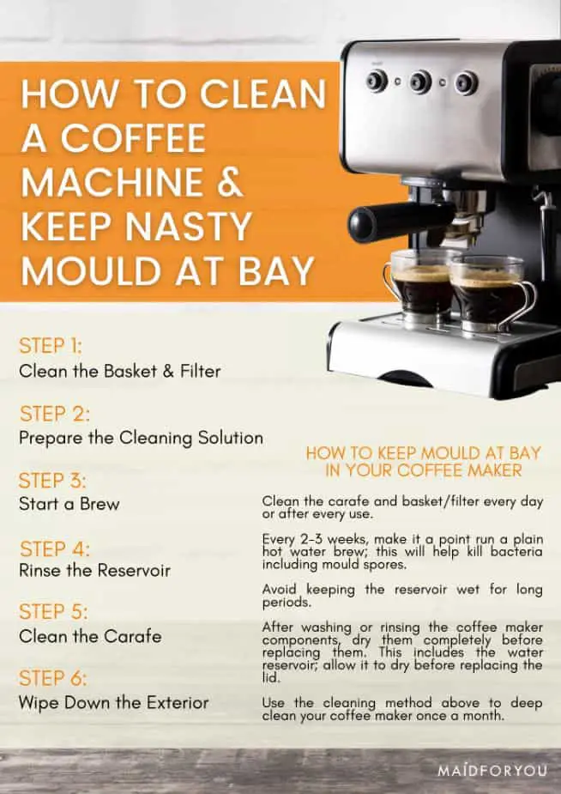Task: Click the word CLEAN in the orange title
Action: [263, 94]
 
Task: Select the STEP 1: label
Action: [50, 346]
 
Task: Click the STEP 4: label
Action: [55, 549]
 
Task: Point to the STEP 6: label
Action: [52, 678]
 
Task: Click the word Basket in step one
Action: [130, 371]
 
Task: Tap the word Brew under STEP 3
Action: [100, 504]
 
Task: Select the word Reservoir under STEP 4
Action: [134, 570]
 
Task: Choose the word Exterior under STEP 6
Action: [178, 702]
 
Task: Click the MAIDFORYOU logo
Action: [492, 771]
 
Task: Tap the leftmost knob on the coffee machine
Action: [377, 81]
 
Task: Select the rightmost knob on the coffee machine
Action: [466, 83]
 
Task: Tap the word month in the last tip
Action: [484, 716]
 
